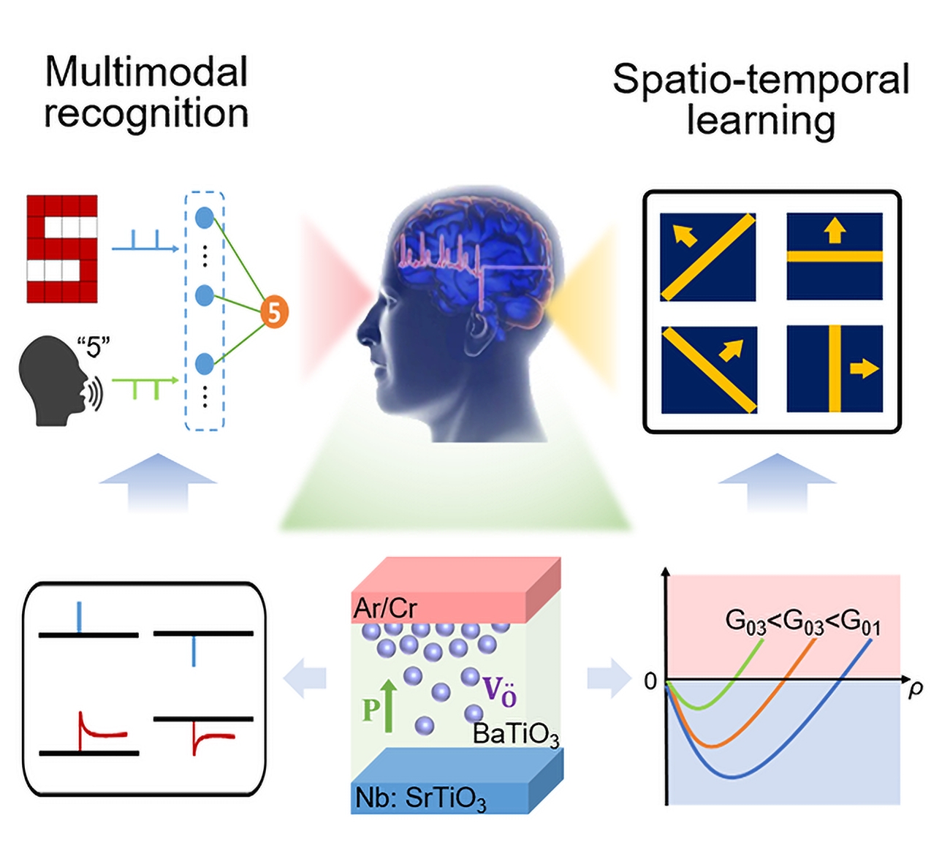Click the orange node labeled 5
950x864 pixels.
274,312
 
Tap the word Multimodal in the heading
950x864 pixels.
146,72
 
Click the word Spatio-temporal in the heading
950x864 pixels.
761,80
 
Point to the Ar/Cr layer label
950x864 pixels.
385,608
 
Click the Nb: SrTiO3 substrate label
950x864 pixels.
420,797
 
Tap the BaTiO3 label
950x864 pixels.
516,734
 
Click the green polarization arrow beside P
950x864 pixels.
389,705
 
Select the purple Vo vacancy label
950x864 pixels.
500,691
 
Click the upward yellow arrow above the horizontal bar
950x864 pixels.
835,232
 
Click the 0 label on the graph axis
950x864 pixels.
650,681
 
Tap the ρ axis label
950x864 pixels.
915,688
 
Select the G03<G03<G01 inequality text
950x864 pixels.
802,621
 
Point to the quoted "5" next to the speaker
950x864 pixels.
93,347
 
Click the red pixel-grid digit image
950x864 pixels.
62,249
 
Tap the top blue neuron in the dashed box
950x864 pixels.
205,217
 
